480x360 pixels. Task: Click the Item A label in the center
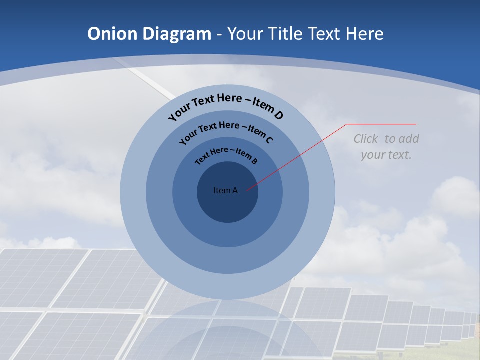[x=225, y=190]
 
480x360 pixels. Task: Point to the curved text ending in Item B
[x=226, y=155]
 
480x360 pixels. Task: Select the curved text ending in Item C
[x=226, y=131]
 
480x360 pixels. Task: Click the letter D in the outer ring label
[x=278, y=115]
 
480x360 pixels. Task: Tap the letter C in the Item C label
[x=269, y=140]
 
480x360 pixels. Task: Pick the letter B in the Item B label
[x=254, y=161]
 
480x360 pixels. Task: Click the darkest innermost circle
[x=227, y=205]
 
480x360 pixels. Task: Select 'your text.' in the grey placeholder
[x=386, y=155]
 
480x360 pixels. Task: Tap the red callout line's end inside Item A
[x=247, y=189]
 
